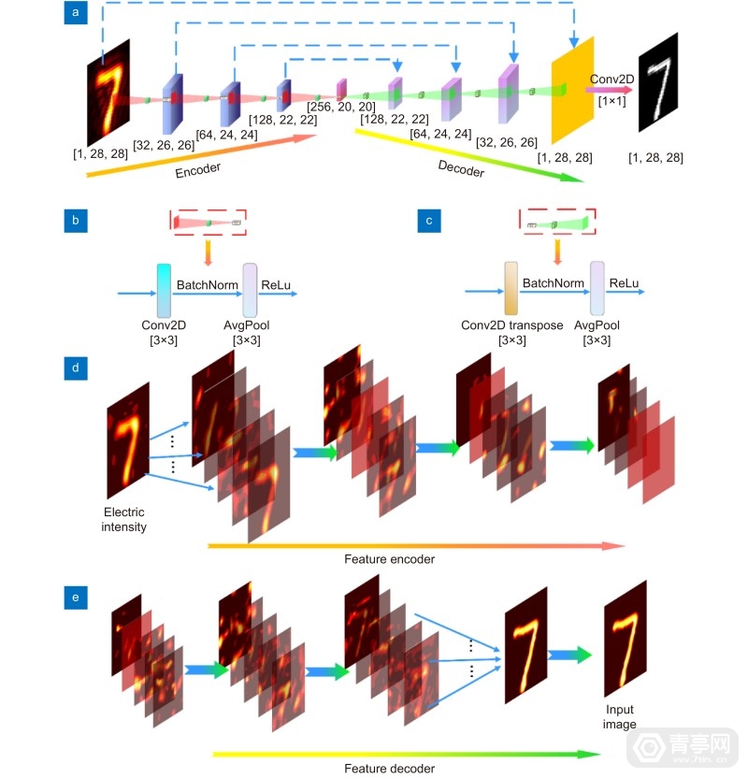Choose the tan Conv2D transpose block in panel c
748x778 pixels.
[x=511, y=292]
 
